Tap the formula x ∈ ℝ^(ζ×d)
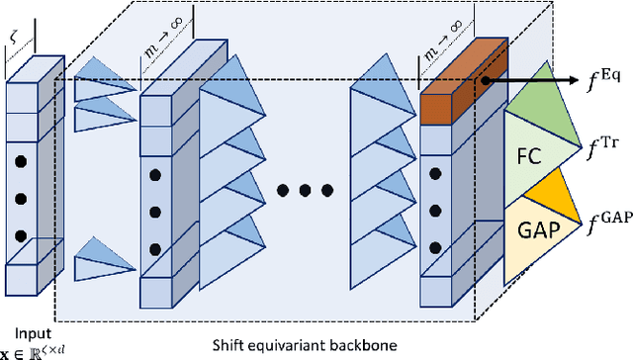pos(31,350)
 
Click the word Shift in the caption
pos(229,343)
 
